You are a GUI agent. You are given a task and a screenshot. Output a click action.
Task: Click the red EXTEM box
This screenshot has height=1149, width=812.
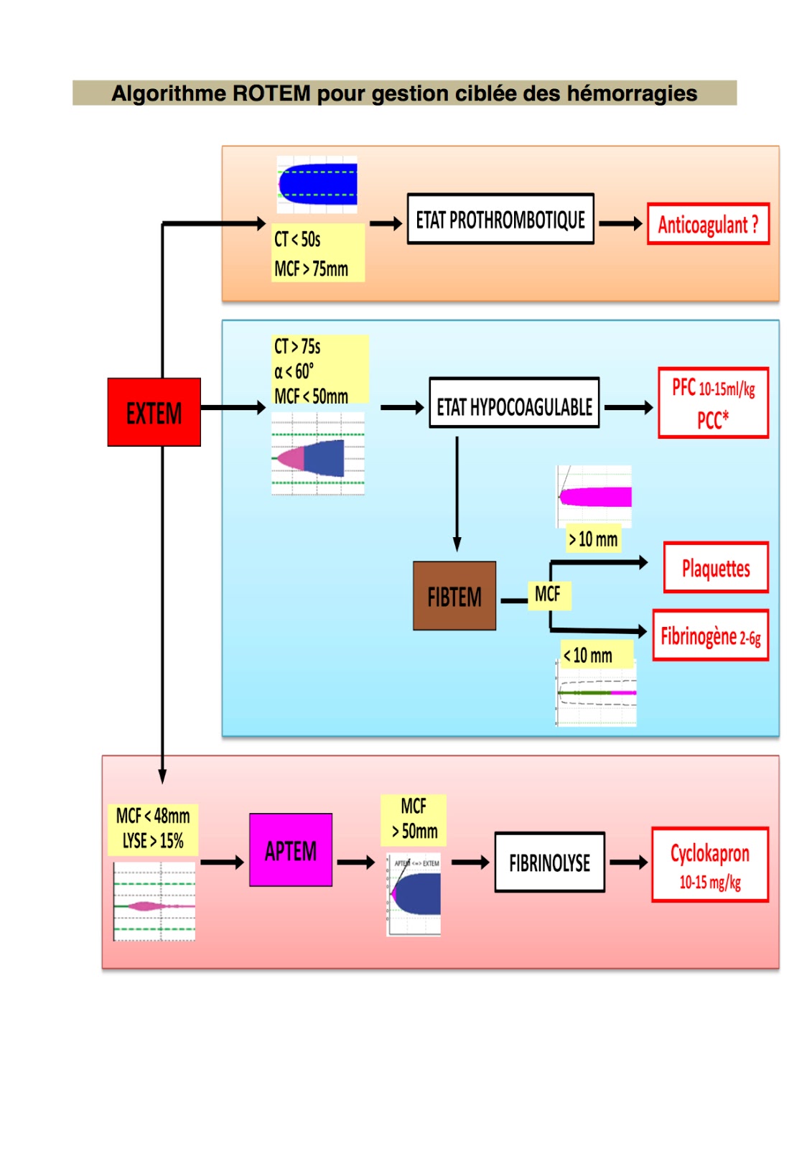tap(154, 412)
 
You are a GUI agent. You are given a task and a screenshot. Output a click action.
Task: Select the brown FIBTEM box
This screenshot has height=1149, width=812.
tap(454, 596)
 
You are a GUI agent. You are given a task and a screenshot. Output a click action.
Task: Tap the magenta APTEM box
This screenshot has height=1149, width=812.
tap(290, 850)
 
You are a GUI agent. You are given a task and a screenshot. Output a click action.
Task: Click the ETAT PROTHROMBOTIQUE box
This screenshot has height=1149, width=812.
tap(500, 219)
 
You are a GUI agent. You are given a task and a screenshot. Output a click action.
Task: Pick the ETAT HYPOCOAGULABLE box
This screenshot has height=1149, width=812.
tap(514, 404)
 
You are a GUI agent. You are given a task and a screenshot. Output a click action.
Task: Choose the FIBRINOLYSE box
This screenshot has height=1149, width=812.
tap(549, 862)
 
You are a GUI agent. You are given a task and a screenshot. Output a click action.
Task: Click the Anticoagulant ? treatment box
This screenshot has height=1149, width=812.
tap(708, 224)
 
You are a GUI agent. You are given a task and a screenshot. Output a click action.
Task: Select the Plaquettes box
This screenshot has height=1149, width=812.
tap(715, 568)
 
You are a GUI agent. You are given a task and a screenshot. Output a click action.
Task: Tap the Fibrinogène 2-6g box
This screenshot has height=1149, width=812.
tap(710, 636)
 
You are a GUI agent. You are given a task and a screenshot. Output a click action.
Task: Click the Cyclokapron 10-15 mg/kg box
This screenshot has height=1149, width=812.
tap(709, 865)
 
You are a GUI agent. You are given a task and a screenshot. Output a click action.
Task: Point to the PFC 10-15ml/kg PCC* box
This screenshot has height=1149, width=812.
tap(713, 403)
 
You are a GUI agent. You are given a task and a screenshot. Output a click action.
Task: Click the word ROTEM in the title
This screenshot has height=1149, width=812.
tap(271, 93)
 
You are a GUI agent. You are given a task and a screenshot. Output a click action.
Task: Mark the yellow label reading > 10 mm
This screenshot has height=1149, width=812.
tap(593, 539)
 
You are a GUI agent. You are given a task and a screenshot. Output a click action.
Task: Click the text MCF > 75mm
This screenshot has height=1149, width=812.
tap(311, 269)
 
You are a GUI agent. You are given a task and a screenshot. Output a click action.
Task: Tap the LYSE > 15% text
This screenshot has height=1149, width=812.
tap(153, 841)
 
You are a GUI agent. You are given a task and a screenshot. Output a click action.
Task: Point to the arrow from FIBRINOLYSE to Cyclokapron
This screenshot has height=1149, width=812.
tap(629, 862)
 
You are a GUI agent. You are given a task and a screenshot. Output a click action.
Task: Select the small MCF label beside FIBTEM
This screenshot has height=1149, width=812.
tap(548, 594)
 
